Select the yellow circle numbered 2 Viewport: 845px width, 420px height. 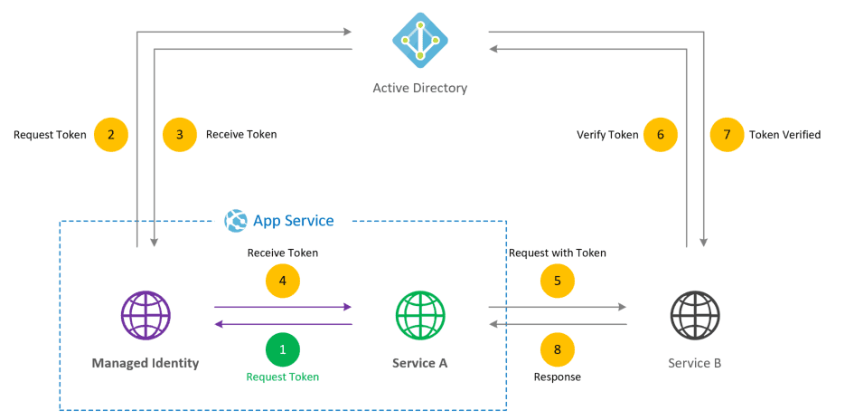click(x=111, y=135)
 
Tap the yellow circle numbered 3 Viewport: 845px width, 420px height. click(x=180, y=135)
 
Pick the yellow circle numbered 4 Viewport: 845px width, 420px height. click(x=283, y=281)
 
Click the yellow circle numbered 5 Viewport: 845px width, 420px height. click(x=558, y=281)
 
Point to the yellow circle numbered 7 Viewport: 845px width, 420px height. click(x=728, y=135)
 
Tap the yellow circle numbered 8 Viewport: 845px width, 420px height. click(x=558, y=348)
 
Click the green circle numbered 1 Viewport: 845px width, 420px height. click(x=283, y=348)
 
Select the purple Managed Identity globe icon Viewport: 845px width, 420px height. click(x=146, y=316)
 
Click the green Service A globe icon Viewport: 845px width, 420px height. click(x=420, y=316)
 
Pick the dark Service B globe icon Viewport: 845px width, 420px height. click(x=695, y=316)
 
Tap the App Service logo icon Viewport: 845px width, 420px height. click(x=236, y=221)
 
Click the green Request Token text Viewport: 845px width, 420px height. click(x=283, y=377)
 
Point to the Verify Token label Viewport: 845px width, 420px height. click(x=607, y=135)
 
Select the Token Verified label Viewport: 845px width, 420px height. click(x=784, y=135)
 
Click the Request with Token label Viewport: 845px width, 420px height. click(x=558, y=253)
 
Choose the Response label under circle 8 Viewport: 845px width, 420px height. click(x=558, y=377)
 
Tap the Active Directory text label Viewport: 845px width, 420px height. click(x=420, y=89)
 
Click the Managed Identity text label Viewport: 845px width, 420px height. click(x=146, y=364)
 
